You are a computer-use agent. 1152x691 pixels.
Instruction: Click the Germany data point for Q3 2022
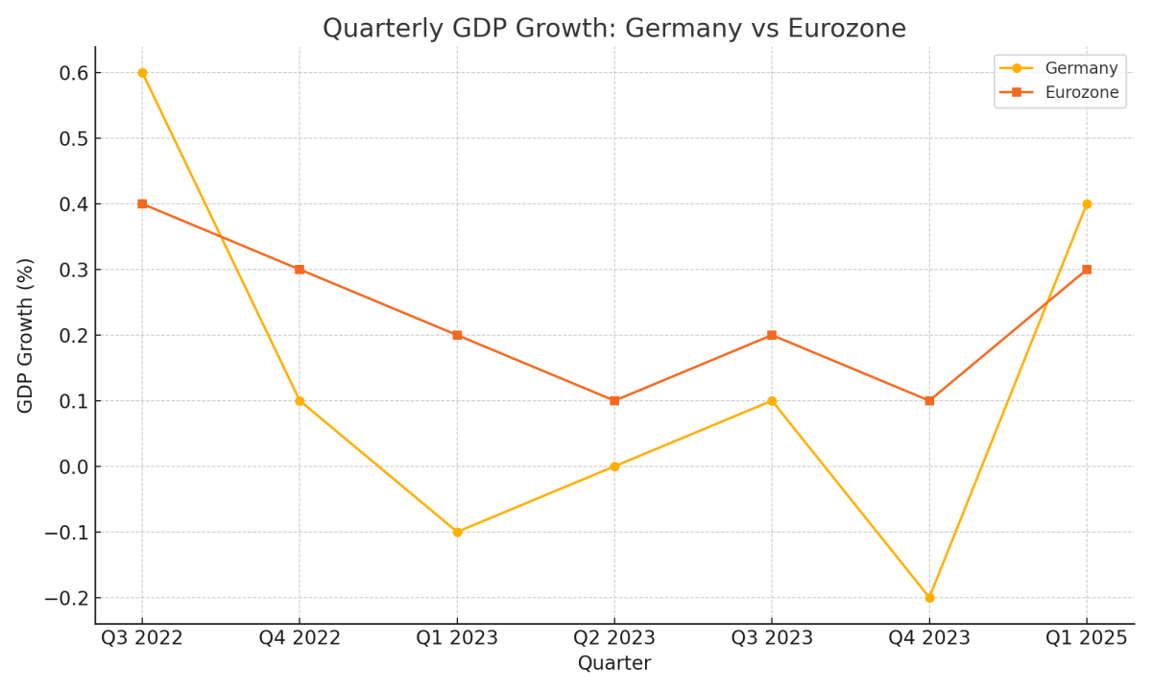142,73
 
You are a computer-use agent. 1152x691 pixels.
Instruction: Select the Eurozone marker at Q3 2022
142,203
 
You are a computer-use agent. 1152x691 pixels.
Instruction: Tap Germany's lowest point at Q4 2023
929,597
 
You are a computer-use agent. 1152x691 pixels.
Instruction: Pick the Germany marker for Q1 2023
457,532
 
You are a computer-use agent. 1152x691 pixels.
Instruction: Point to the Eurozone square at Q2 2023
614,400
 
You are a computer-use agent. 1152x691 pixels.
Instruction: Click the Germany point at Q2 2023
614,466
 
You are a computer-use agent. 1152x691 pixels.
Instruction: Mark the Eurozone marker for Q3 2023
772,335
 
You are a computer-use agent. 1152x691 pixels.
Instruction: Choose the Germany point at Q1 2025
1087,203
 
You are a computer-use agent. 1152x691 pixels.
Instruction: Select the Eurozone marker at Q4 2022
300,270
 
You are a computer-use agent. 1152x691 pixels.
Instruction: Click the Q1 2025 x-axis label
1087,638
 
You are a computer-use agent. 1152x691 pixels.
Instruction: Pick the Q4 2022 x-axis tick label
300,638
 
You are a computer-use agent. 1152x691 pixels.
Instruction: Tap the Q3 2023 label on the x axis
772,638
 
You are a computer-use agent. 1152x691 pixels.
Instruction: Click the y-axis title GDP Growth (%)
26,335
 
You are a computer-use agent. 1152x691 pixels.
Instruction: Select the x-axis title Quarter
614,664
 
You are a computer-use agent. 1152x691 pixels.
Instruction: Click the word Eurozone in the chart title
846,29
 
